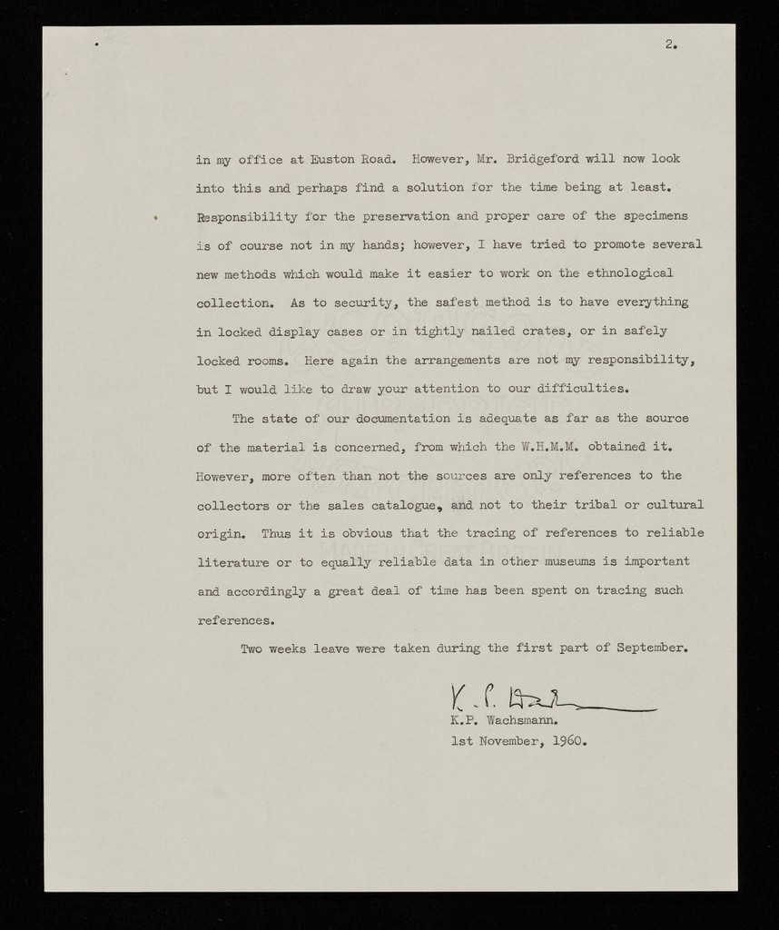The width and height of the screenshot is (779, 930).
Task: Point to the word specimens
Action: pos(656,216)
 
